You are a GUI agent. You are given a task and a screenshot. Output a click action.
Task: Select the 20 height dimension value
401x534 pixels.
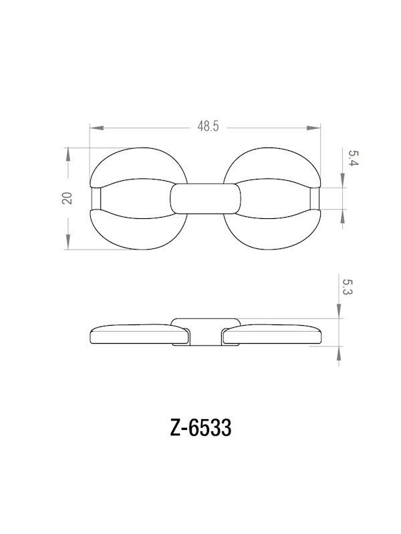coord(67,198)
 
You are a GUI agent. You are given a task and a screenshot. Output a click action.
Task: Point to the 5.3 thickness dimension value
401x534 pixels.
coord(346,288)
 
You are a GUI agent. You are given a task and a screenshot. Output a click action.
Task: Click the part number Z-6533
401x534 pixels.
coord(200,428)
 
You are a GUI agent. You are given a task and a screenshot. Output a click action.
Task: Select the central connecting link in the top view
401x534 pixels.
coord(205,199)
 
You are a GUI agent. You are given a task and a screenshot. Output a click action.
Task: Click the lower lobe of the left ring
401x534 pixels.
coord(134,234)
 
